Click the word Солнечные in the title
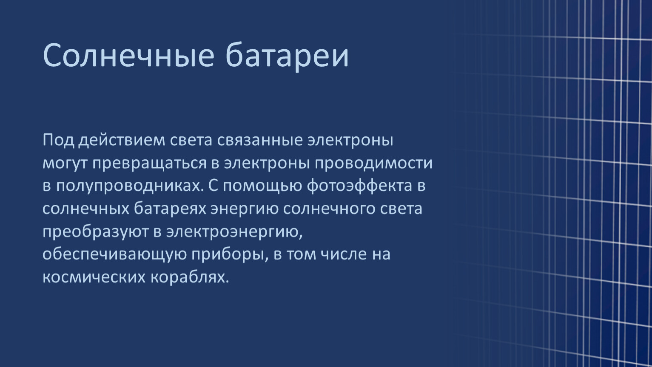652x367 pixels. (128, 55)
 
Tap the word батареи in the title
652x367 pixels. (287, 56)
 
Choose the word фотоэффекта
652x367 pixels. (360, 186)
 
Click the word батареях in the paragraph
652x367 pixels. (170, 209)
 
